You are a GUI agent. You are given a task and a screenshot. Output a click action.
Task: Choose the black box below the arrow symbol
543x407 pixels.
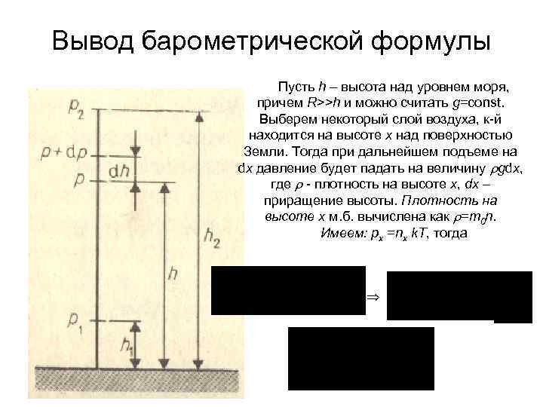coord(361,358)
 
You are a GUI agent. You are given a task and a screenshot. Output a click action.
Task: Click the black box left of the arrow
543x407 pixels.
coord(288,290)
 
